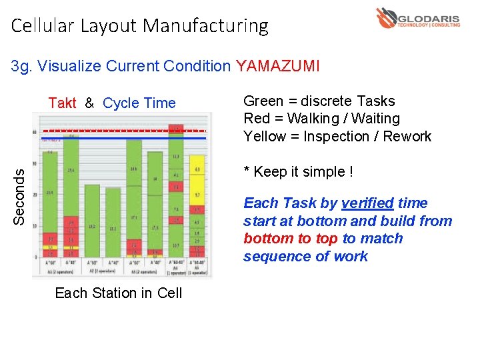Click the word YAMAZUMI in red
[278, 66]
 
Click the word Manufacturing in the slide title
[205, 26]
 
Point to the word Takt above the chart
[62, 103]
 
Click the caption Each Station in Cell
[118, 293]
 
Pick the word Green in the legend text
[263, 101]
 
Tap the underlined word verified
[367, 203]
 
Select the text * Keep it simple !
[298, 171]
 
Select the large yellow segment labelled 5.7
[197, 196]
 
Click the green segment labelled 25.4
[71, 171]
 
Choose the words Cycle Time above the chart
[139, 103]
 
